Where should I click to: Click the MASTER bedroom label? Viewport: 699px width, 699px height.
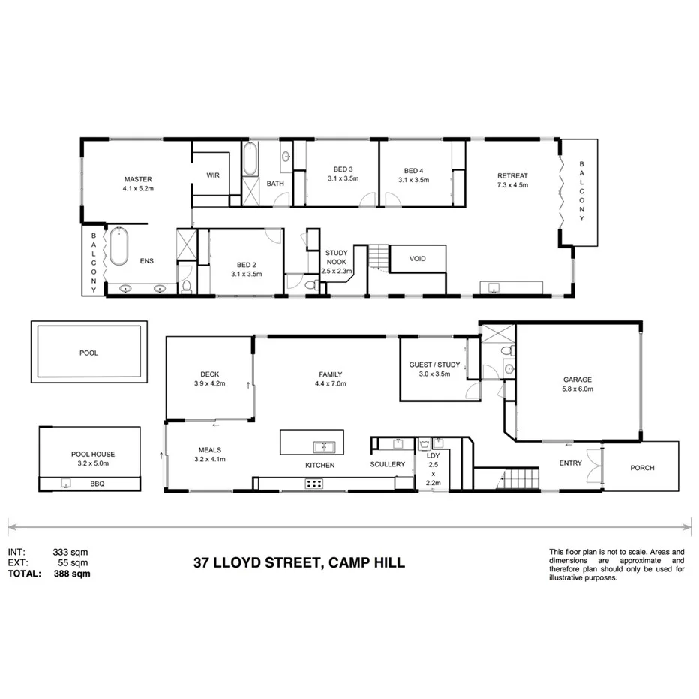(138, 179)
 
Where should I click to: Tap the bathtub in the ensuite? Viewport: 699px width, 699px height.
(118, 247)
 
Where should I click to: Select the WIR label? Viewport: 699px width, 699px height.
(213, 175)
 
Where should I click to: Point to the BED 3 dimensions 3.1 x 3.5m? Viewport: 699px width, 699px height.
(343, 179)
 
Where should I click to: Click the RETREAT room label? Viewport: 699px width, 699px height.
(512, 175)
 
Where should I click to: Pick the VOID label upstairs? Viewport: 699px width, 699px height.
(418, 259)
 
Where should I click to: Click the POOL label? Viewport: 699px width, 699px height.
(88, 352)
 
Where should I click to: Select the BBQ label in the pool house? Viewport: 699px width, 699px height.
(98, 484)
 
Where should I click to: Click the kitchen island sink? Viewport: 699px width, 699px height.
(325, 447)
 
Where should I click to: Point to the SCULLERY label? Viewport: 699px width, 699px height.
(388, 464)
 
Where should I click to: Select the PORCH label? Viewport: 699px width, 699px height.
(642, 467)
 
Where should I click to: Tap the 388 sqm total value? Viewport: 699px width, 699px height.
(72, 574)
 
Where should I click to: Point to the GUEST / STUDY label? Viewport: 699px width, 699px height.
(430, 364)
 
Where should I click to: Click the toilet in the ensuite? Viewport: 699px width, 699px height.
(186, 287)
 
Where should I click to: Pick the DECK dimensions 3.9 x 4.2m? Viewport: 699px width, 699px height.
(209, 384)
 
